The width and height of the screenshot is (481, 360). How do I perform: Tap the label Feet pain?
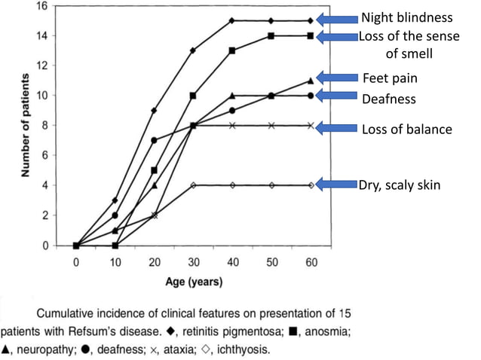(x=390, y=78)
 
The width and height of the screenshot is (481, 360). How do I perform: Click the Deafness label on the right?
(x=389, y=99)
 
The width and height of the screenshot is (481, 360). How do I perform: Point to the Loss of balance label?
(x=407, y=129)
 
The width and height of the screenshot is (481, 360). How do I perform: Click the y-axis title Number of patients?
(x=27, y=124)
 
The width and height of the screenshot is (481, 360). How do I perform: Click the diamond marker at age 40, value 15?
(x=231, y=20)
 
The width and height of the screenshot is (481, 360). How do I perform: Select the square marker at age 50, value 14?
(x=271, y=35)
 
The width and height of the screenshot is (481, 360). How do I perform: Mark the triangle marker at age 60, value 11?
(x=310, y=81)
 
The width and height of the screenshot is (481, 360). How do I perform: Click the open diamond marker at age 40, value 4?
(x=231, y=185)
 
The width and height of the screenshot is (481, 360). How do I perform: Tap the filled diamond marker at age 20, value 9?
(x=154, y=111)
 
